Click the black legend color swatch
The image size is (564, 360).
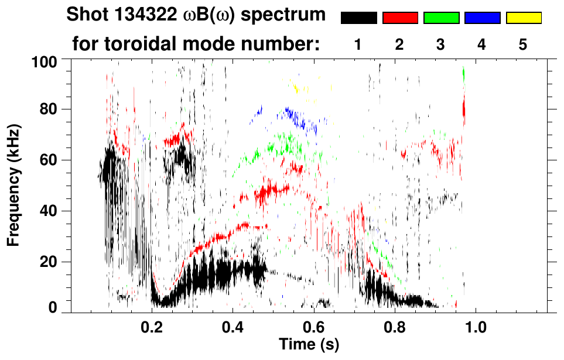tap(359, 18)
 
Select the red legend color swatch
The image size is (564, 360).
tap(400, 18)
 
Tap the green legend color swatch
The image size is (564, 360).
tap(441, 18)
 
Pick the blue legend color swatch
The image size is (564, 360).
tap(482, 18)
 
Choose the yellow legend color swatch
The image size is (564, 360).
tap(523, 18)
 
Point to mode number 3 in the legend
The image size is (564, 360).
tap(440, 45)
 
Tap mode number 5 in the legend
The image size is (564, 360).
tap(523, 45)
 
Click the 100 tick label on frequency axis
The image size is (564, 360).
tap(46, 61)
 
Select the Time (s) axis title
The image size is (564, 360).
tap(308, 344)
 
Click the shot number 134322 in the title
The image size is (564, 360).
tap(145, 16)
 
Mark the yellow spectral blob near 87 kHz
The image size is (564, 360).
tap(297, 88)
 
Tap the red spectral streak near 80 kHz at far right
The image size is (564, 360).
tap(464, 108)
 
